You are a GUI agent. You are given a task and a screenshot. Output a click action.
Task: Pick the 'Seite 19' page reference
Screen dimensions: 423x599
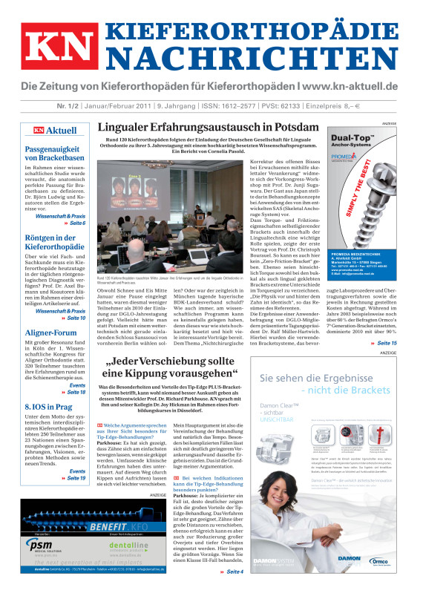pos(76,478)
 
